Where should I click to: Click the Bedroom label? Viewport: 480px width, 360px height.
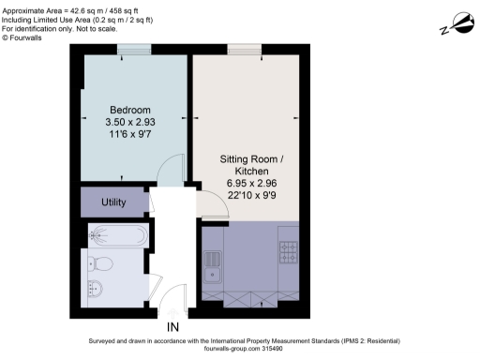coord(123,109)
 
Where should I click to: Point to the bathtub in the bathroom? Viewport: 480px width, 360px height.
coord(117,233)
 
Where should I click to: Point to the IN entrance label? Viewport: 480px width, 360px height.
coord(172,327)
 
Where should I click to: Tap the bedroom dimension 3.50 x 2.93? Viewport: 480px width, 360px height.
coord(123,122)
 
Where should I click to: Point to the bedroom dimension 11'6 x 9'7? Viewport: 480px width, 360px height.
coord(123,135)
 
